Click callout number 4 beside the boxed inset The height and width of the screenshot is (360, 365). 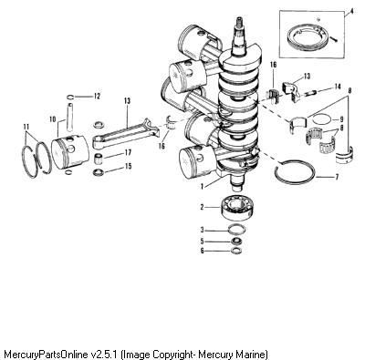click(x=351, y=12)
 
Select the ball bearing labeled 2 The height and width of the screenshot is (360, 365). click(x=237, y=207)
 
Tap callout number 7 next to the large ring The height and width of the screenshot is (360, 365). click(x=337, y=177)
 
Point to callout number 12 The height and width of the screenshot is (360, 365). click(x=97, y=97)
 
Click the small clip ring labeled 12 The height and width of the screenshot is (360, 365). click(x=70, y=98)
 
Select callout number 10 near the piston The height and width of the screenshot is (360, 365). click(x=53, y=118)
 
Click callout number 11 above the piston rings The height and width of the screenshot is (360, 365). click(x=26, y=127)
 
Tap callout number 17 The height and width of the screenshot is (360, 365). click(x=128, y=152)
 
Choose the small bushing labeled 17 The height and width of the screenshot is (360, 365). click(x=99, y=159)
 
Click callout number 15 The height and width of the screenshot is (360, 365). click(x=128, y=166)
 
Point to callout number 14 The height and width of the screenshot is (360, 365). click(x=338, y=87)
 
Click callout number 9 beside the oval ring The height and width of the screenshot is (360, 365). click(x=341, y=118)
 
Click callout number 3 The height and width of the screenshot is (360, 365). click(x=202, y=231)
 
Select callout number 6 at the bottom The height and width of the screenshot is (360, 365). click(x=202, y=251)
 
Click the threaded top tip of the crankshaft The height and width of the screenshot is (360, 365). click(x=238, y=22)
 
